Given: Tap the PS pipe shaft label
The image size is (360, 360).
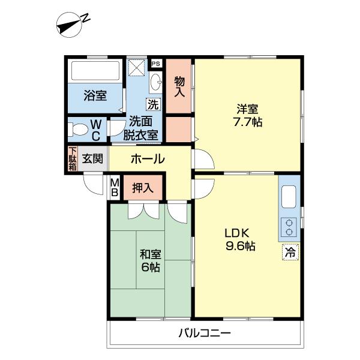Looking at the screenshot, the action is click(156, 64).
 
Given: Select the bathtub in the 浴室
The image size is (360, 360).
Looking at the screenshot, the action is click(95, 70).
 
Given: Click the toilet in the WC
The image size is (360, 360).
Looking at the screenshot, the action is click(77, 129).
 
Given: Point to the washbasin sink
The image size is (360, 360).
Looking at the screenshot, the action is click(156, 82).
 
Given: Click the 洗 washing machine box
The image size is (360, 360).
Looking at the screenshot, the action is click(153, 104).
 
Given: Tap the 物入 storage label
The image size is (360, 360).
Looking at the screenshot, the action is click(179, 86).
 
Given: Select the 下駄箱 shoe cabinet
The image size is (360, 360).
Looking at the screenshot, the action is click(73, 158).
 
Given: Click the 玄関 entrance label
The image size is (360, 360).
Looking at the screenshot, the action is click(92, 158).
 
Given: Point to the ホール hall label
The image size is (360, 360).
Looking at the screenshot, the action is click(148, 158).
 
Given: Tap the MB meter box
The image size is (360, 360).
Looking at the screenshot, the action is click(115, 188).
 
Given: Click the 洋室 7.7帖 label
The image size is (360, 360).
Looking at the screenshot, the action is click(247, 115).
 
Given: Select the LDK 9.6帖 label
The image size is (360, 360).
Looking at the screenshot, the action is click(240, 239).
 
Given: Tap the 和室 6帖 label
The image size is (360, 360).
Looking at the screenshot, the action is click(151, 260).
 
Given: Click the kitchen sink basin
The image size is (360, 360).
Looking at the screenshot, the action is click(289, 197).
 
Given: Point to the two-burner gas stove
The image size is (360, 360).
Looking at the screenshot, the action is click(289, 227).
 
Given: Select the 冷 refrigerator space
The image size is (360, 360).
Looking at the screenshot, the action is click(290, 253).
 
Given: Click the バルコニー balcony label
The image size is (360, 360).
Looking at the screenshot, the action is click(205, 332).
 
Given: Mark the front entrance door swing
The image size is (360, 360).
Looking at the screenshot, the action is click(94, 184).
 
